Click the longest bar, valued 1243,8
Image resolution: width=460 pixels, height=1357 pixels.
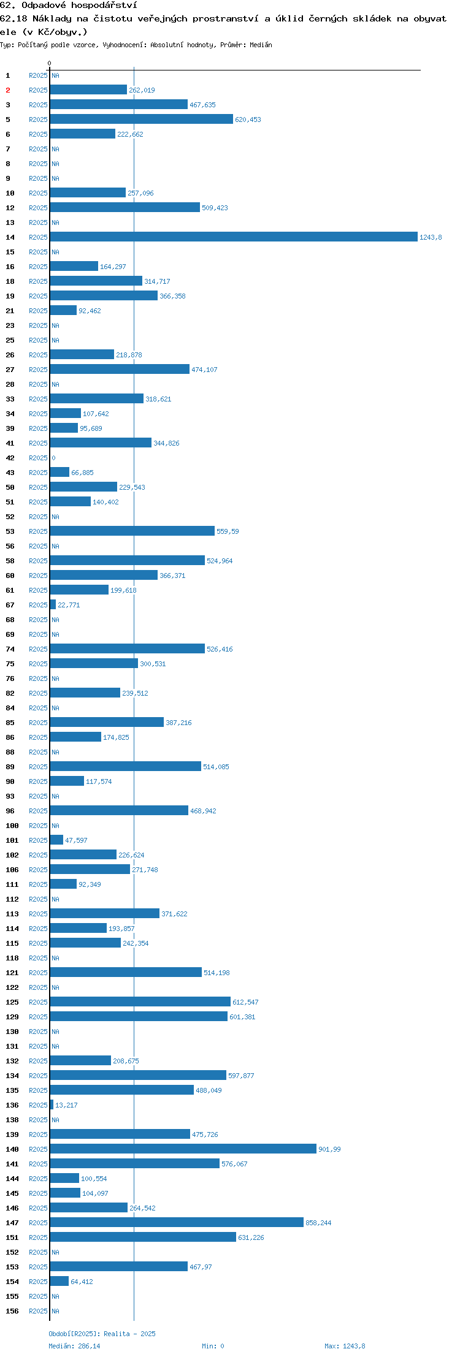pos(234,237)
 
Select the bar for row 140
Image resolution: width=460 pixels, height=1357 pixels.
pos(183,1149)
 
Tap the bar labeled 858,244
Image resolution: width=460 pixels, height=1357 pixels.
pos(177,1223)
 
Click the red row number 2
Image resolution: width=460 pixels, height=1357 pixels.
pos(8,90)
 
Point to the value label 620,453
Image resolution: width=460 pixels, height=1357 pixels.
pos(248,120)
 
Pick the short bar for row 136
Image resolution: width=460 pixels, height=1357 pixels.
pos(52,1105)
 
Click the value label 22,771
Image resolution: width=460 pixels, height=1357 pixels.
pos(69,605)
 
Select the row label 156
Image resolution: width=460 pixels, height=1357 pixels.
pos(12,1311)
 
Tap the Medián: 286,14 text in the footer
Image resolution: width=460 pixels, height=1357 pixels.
pos(74,1346)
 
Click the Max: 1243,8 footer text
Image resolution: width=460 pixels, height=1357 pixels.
pos(345,1346)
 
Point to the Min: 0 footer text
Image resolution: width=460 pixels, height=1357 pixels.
pos(213,1346)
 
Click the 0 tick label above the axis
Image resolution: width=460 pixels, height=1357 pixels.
pos(50,63)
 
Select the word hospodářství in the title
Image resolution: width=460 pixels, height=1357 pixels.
pos(104,6)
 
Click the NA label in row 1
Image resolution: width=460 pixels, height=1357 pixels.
pos(55,75)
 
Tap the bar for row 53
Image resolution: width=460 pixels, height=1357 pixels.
pos(132,531)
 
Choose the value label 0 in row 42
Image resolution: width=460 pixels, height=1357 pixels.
pos(53,458)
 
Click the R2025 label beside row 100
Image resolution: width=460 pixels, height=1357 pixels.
pos(38,826)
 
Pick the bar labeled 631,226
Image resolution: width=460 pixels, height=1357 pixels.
pos(143,1237)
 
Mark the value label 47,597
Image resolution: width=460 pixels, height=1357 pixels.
pos(76,840)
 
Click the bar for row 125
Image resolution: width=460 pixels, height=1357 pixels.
pos(140,1002)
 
